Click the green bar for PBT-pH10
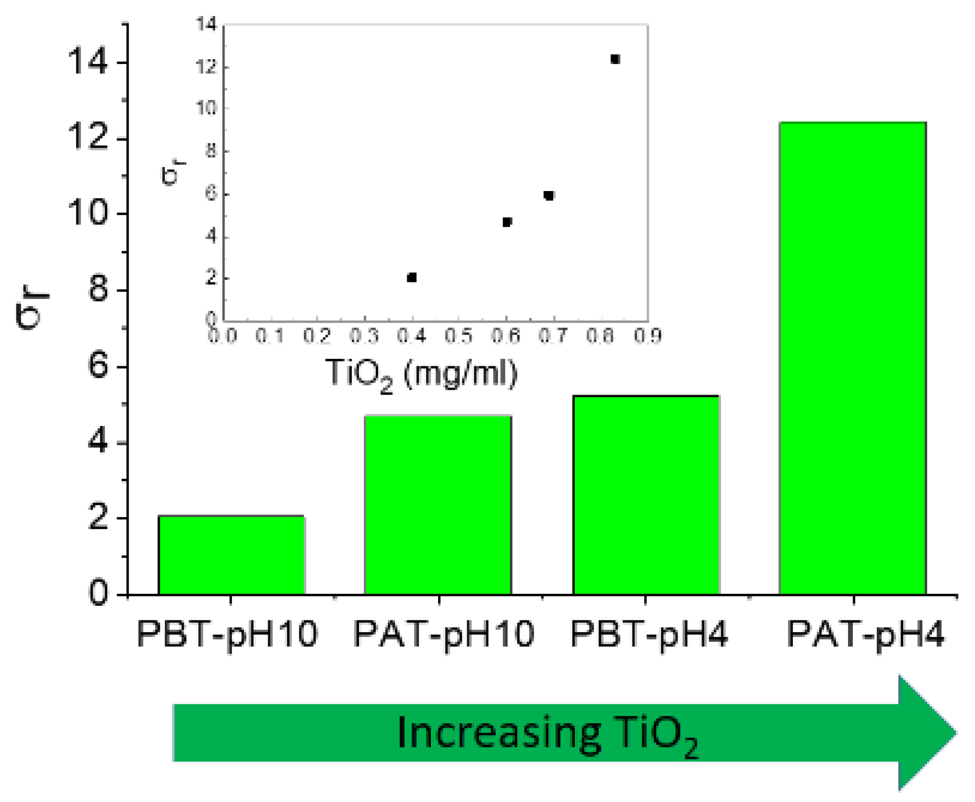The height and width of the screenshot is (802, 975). point(231,554)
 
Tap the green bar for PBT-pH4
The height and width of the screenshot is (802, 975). point(646,494)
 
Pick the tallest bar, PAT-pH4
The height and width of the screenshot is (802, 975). point(853,358)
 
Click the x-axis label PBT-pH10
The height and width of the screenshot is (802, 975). point(227,634)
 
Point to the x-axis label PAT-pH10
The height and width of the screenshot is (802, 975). point(444,634)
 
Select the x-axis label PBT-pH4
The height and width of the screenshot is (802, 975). point(649,634)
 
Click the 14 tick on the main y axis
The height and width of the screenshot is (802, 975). point(88,62)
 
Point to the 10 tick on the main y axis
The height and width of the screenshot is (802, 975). point(88,213)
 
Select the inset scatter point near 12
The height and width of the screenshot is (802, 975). point(615,59)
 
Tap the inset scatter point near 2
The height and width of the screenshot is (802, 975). point(412,277)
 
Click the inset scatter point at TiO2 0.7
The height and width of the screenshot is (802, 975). point(548,195)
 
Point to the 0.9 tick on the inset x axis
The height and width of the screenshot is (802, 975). point(647,336)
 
